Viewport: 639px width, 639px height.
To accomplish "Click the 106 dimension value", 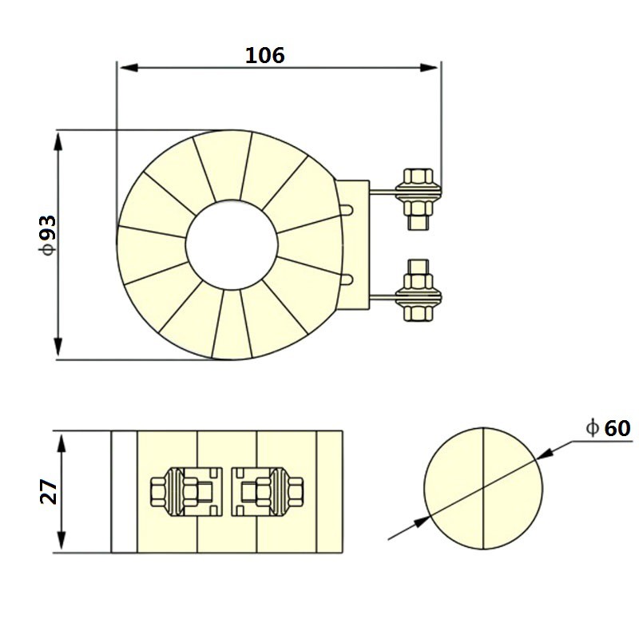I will click(264, 56).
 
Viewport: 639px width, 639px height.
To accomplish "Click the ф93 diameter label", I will click(47, 234).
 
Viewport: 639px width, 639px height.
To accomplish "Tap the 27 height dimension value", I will click(49, 491).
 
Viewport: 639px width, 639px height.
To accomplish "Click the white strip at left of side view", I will click(124, 491).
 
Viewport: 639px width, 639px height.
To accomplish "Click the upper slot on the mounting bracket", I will click(347, 211).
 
